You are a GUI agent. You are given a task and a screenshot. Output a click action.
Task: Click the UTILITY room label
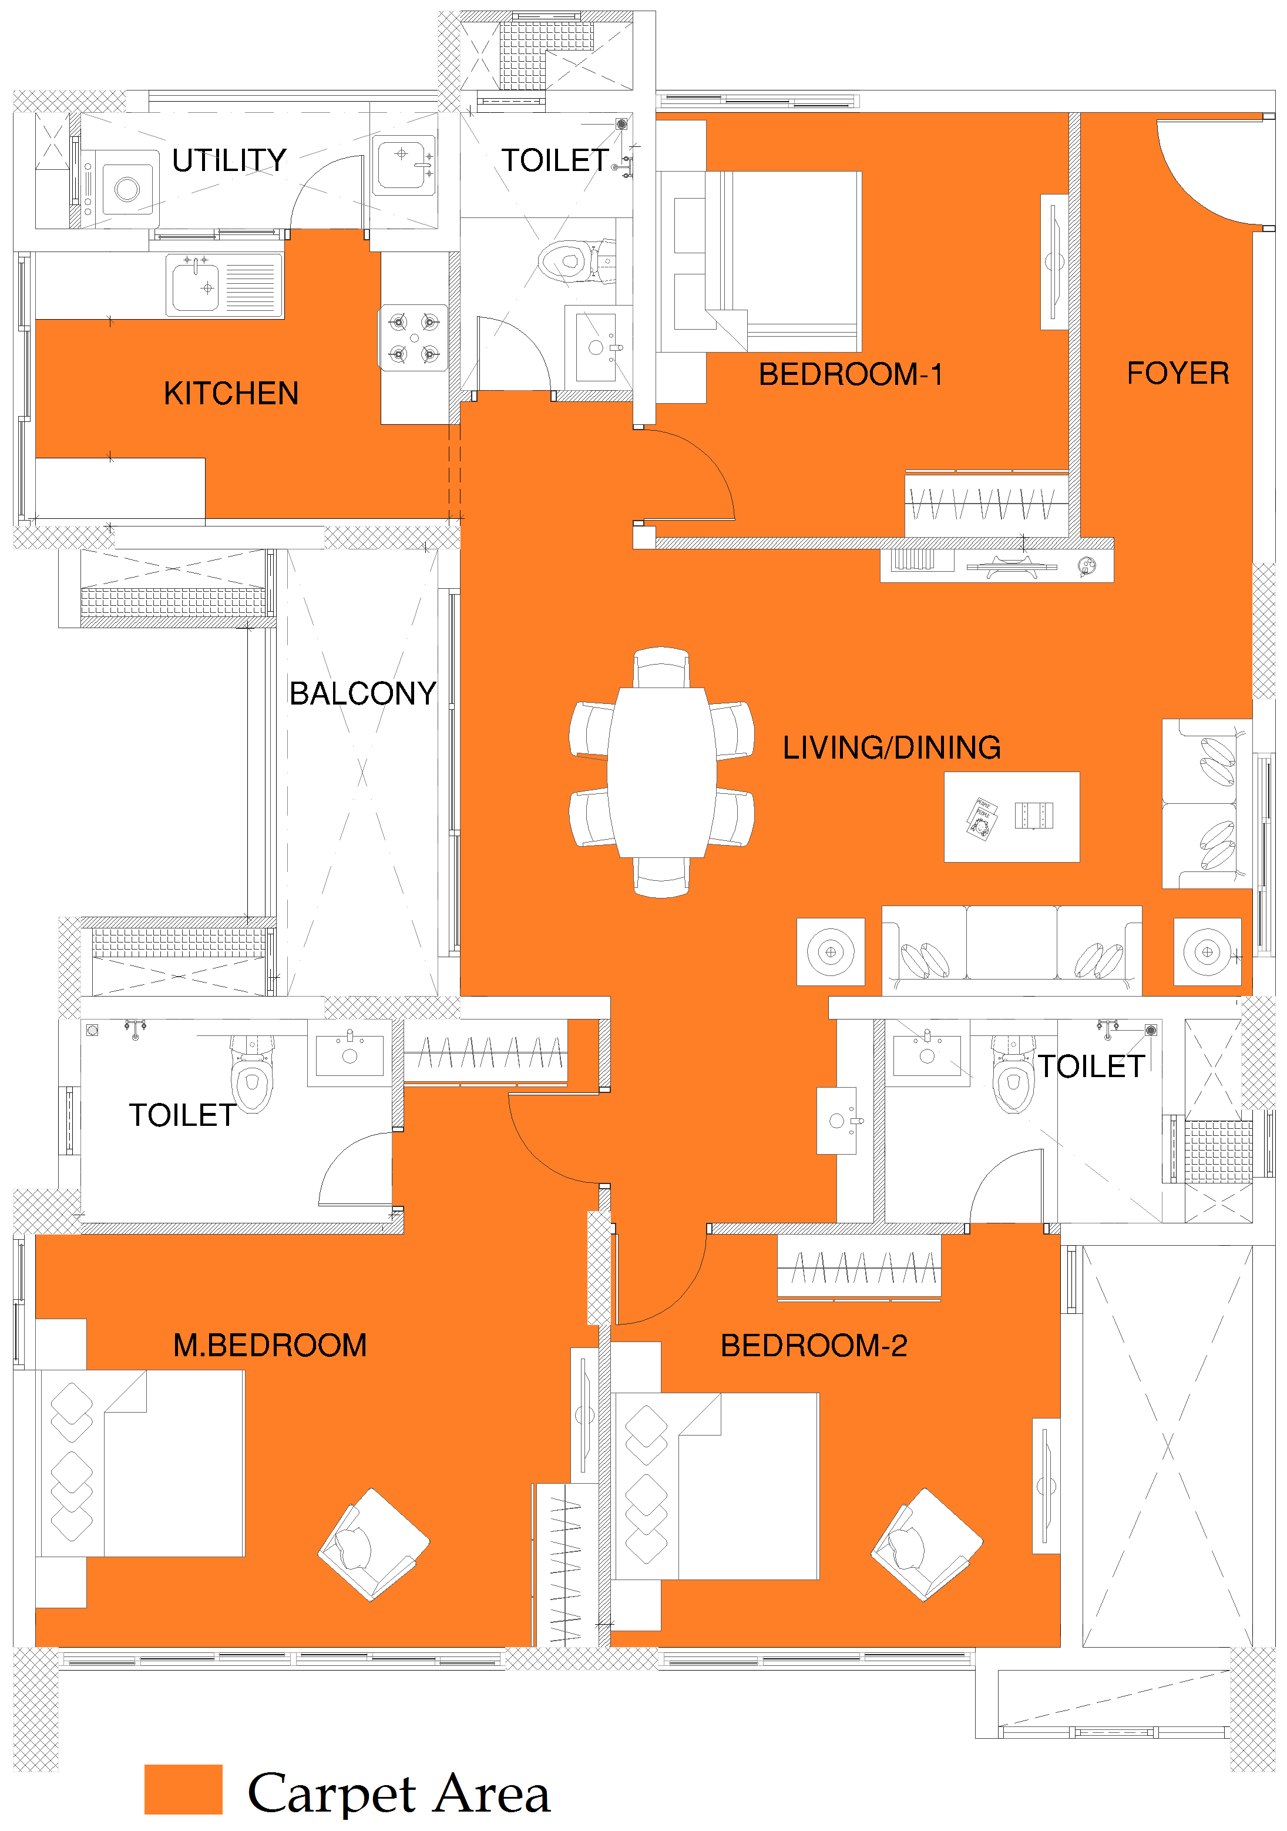(x=230, y=160)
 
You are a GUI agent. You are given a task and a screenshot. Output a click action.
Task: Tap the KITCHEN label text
(x=231, y=393)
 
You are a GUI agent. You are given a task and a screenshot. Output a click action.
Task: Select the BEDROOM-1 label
(x=851, y=374)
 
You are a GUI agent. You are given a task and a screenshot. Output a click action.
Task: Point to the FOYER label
(x=1178, y=373)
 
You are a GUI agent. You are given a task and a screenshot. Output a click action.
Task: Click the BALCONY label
(x=363, y=693)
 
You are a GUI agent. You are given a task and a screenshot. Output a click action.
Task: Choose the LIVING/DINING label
(x=892, y=747)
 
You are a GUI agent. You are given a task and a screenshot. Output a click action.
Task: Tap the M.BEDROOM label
(x=270, y=1346)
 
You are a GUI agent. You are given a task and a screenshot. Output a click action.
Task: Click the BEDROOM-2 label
(x=814, y=1346)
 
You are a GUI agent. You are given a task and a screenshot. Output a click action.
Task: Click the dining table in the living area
(x=662, y=772)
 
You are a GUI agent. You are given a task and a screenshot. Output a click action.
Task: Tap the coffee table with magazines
(x=1012, y=817)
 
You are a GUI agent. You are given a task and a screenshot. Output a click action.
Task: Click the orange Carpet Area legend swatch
(x=183, y=1789)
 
